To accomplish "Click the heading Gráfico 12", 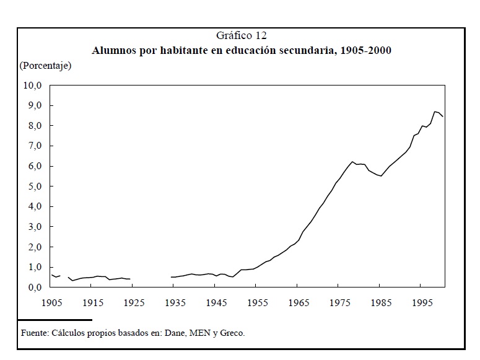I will pyautogui.click(x=242, y=36).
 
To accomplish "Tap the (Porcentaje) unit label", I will pyautogui.click(x=45, y=65).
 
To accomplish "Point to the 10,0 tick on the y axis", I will pyautogui.click(x=32, y=86).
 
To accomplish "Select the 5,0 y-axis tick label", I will pyautogui.click(x=32, y=187).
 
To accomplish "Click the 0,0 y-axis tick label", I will pyautogui.click(x=32, y=288).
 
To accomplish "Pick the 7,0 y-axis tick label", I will pyautogui.click(x=32, y=146).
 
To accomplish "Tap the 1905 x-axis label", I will pyautogui.click(x=51, y=303).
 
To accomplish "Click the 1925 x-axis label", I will pyautogui.click(x=134, y=303).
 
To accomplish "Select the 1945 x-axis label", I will pyautogui.click(x=216, y=303).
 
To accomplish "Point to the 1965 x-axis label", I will pyautogui.click(x=299, y=303).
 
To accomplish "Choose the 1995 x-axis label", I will pyautogui.click(x=421, y=303).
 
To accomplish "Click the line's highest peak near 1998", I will pyautogui.click(x=435, y=112).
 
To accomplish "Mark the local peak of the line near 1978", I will pyautogui.click(x=352, y=162).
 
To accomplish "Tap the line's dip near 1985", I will pyautogui.click(x=381, y=176).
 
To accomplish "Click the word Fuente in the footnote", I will pyautogui.click(x=34, y=333).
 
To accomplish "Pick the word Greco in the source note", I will pyautogui.click(x=232, y=333).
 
